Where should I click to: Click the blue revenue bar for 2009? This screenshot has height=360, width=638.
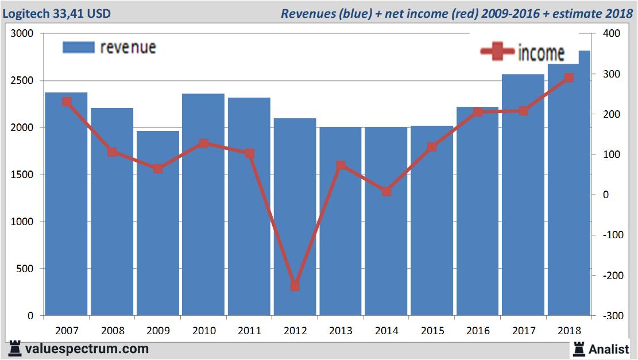158,224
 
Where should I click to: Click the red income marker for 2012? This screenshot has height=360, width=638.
295,285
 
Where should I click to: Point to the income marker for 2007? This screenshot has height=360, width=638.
67,102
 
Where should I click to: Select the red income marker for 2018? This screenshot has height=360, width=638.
569,78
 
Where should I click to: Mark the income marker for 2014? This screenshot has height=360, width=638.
386,192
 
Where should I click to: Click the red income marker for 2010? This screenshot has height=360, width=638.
204,144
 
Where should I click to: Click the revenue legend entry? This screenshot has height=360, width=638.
109,47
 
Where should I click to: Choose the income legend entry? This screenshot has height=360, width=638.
523,52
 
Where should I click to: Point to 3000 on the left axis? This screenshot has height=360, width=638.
22,34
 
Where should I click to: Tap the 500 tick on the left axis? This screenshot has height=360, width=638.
25,269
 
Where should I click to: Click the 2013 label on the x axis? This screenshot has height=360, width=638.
341,331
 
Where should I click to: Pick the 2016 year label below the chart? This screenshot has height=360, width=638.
478,331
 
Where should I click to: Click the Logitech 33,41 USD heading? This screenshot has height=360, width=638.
57,13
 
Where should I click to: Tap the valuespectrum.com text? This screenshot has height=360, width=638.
86,349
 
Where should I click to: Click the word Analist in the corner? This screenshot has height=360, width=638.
609,349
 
